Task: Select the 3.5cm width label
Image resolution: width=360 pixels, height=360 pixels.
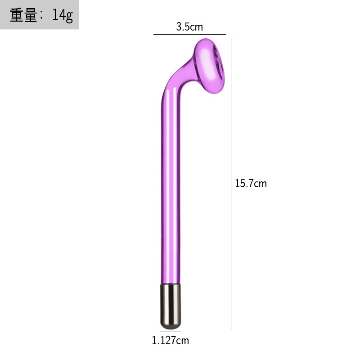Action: pyautogui.click(x=189, y=27)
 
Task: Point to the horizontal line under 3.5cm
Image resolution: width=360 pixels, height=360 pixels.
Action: pyautogui.click(x=189, y=34)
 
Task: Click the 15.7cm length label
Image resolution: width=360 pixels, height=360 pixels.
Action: pyautogui.click(x=251, y=184)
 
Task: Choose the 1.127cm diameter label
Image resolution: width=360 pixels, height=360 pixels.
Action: pyautogui.click(x=170, y=341)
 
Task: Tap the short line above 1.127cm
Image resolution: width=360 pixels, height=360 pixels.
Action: pyautogui.click(x=170, y=333)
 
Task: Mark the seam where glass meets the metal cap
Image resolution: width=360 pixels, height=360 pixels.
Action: pyautogui.click(x=170, y=284)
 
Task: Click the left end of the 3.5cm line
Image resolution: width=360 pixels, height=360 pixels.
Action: pyautogui.click(x=154, y=34)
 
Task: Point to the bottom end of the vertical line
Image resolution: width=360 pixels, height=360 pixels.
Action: pyautogui.click(x=231, y=329)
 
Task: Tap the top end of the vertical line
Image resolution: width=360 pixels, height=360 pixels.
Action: pyautogui.click(x=231, y=39)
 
